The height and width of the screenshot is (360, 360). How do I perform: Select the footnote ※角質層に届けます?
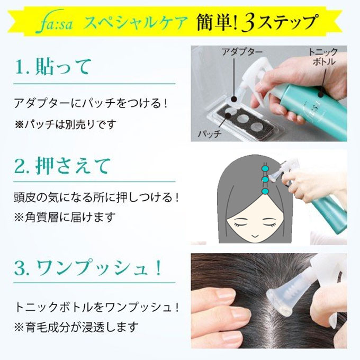point(64,217)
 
